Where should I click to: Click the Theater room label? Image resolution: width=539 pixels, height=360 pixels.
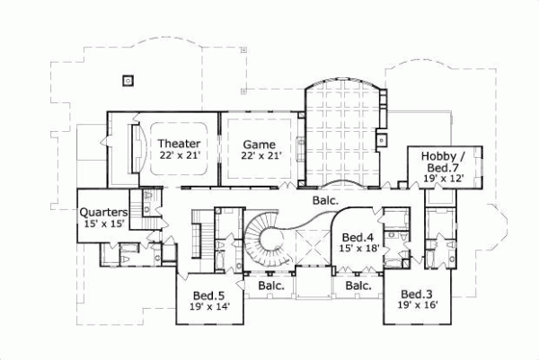coord(179,144)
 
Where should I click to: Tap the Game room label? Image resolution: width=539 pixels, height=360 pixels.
coord(260,144)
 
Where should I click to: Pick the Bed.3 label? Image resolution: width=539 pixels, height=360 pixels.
coord(416,294)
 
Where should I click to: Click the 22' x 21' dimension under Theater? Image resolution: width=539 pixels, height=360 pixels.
coord(179,156)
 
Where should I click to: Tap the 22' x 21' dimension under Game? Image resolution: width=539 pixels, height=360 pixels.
coord(261,156)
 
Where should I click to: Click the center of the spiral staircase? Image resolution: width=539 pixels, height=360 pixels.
coord(261,241)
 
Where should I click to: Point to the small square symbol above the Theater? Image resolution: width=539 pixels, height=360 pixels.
coord(128,79)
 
